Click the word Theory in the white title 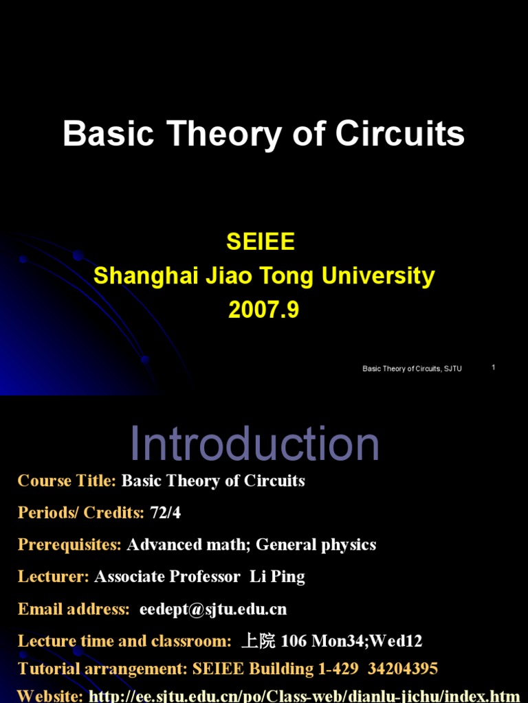(x=225, y=134)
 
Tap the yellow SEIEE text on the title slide (x=261, y=242)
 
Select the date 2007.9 (x=263, y=310)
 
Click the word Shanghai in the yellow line (x=146, y=276)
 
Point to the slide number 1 (x=494, y=367)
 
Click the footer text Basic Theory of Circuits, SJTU (x=412, y=369)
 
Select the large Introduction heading (x=254, y=443)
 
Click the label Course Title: (x=67, y=481)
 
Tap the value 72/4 (x=165, y=512)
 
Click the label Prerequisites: (x=69, y=544)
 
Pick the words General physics (x=316, y=544)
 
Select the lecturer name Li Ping (x=277, y=577)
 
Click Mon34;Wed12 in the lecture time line (x=367, y=641)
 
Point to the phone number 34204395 (x=403, y=669)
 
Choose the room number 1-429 (x=338, y=669)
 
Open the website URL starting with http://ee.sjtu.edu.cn (x=305, y=696)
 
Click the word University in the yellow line (x=378, y=276)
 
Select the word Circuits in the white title (x=399, y=134)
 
